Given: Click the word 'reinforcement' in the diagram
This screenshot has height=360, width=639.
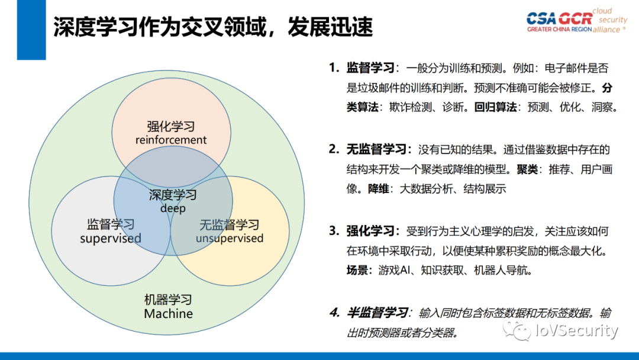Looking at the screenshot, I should [171, 140].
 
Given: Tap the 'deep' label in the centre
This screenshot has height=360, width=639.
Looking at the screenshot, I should [172, 208].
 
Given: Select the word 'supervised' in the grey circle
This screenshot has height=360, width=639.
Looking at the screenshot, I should [111, 239].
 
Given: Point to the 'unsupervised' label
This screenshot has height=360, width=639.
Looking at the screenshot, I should [230, 239].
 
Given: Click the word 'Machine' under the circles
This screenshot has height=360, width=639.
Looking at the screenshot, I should [168, 314].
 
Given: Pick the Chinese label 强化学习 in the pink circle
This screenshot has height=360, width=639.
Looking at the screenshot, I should [171, 127].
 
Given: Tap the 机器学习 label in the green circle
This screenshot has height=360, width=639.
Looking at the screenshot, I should [168, 300].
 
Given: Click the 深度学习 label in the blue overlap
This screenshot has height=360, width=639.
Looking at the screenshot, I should [172, 195].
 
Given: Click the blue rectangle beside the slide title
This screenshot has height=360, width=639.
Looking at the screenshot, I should [31, 30].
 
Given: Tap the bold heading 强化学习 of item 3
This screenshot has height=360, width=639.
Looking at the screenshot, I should [370, 231].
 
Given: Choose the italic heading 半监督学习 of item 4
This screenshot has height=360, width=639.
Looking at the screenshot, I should [377, 313].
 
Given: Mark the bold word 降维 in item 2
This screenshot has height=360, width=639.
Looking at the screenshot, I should [378, 189].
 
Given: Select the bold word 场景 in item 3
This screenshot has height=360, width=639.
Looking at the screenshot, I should [359, 271].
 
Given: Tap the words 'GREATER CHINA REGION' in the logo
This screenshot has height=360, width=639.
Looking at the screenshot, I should [559, 29].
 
